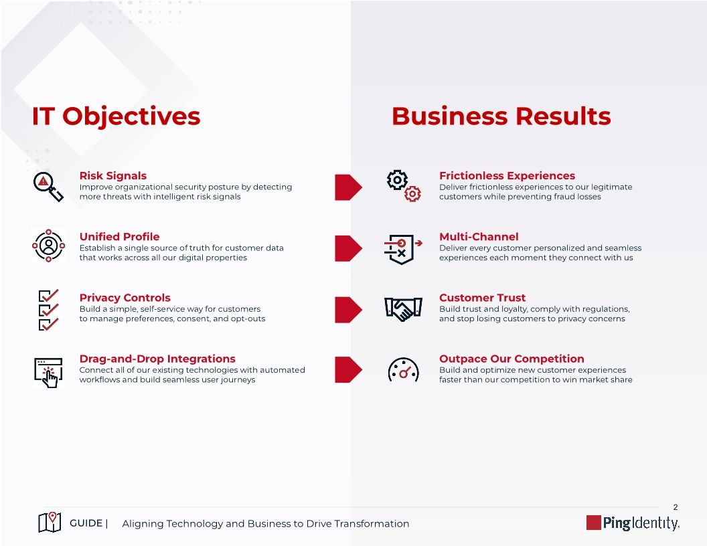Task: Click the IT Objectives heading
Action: click(x=116, y=116)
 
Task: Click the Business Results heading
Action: click(x=501, y=116)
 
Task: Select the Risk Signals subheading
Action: click(x=112, y=176)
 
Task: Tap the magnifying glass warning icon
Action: click(x=48, y=185)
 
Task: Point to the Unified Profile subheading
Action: click(x=119, y=237)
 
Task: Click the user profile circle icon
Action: click(x=49, y=246)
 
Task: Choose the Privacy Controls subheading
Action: click(x=125, y=298)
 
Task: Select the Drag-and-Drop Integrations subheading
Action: click(x=157, y=359)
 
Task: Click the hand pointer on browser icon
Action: click(x=48, y=371)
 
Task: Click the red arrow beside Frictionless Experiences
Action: click(x=348, y=187)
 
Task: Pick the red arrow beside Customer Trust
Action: click(x=348, y=309)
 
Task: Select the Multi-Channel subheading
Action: click(x=479, y=237)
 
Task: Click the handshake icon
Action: click(x=403, y=309)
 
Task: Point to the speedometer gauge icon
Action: click(x=403, y=370)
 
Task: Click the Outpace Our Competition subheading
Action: click(x=512, y=359)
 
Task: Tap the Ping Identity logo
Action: click(x=633, y=523)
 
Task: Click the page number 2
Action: click(x=676, y=507)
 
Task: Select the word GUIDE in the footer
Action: click(x=86, y=523)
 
